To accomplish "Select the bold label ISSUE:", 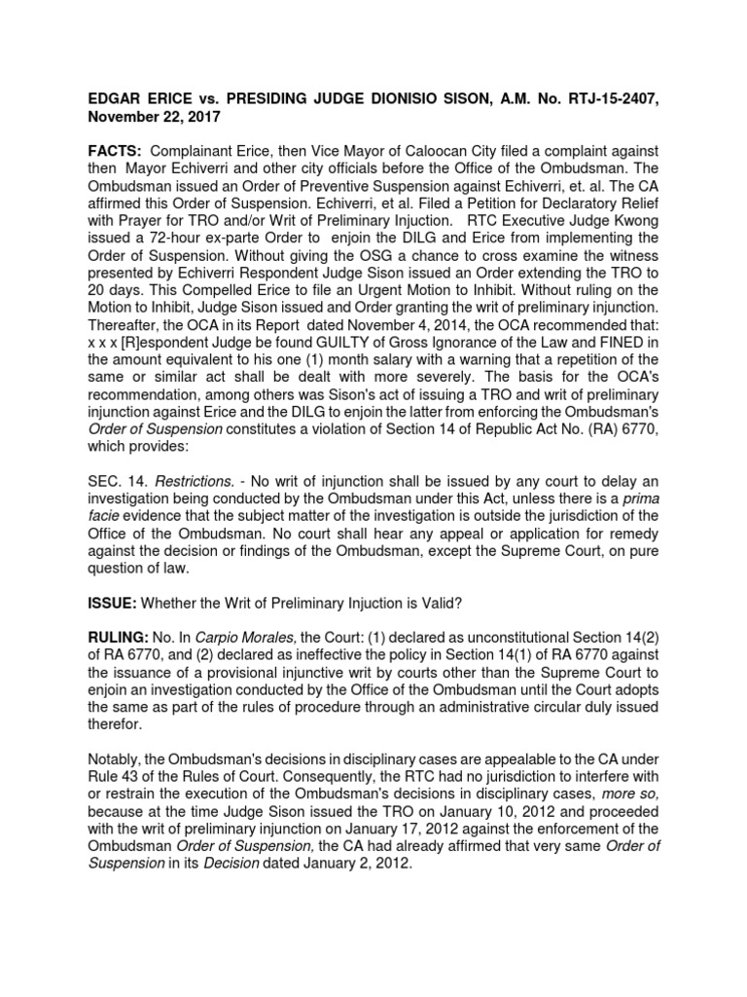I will [x=113, y=603].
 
